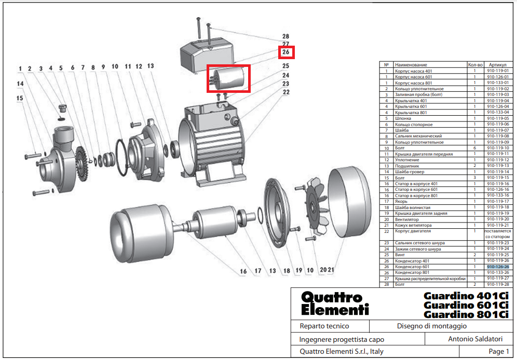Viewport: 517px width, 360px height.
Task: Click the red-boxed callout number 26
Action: [x=286, y=52]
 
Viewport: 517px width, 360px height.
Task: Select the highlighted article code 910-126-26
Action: [x=497, y=267]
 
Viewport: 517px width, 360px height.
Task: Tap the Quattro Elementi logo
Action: [x=335, y=303]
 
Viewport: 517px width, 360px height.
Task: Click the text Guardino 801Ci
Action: [x=466, y=314]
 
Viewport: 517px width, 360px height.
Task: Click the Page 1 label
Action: [x=499, y=352]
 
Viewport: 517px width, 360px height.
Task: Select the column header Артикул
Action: [x=497, y=65]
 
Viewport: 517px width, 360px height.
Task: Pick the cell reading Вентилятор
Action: [x=407, y=219]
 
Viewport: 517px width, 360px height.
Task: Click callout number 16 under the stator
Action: [x=243, y=271]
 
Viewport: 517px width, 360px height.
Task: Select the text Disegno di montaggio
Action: [x=432, y=326]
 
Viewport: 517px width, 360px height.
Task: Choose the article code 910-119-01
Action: [x=497, y=71]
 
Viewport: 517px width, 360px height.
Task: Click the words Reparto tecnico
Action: [x=324, y=326]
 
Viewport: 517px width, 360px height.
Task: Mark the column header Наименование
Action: [x=411, y=65]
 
